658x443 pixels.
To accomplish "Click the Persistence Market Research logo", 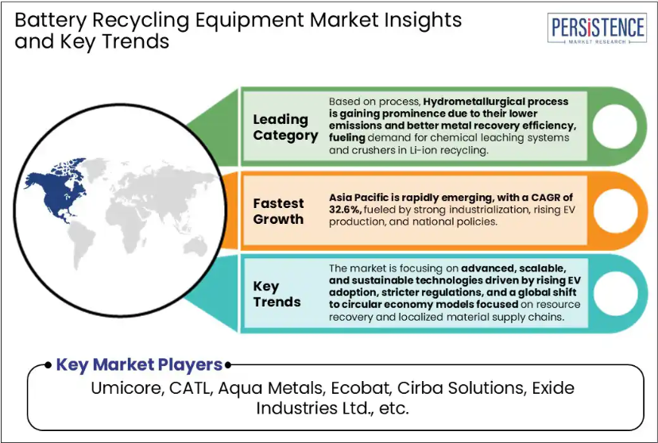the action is tap(597, 29).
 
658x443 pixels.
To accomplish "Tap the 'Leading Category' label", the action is tap(285, 127).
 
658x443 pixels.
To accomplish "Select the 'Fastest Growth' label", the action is tap(278, 211).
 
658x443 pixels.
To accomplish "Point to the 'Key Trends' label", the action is tap(277, 294).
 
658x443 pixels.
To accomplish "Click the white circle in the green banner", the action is tap(614, 126).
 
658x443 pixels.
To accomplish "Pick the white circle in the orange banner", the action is tap(615, 210).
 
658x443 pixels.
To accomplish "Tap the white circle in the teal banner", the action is tap(615, 294).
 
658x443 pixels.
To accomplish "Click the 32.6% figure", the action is tap(345, 210).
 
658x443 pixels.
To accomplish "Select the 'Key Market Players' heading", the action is tap(139, 364).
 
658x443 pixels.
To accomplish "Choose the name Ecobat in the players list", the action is tap(361, 388).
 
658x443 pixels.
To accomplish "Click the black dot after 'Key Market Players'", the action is tap(228, 365).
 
